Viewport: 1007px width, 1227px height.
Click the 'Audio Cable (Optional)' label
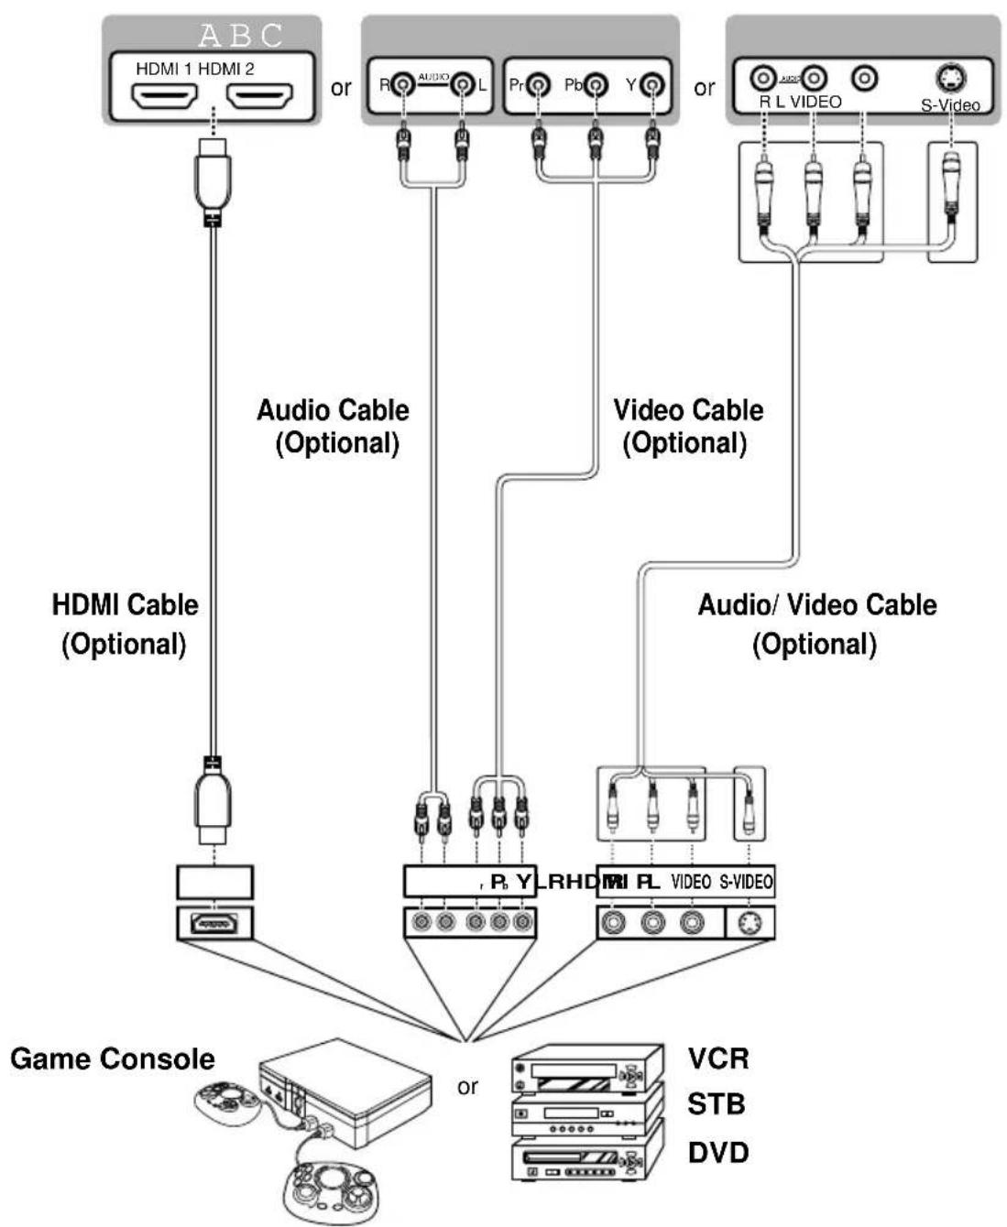334,427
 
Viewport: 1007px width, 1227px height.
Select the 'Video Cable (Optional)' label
687,427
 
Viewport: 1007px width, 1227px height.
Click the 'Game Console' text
113,1059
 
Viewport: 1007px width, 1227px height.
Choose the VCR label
718,1059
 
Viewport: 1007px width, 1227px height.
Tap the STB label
717,1105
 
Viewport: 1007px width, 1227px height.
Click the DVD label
718,1152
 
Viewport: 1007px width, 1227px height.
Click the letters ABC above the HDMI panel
241,36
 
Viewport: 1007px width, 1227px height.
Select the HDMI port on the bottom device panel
214,923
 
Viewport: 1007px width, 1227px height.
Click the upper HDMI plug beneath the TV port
212,179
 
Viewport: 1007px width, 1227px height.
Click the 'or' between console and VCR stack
467,1087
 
